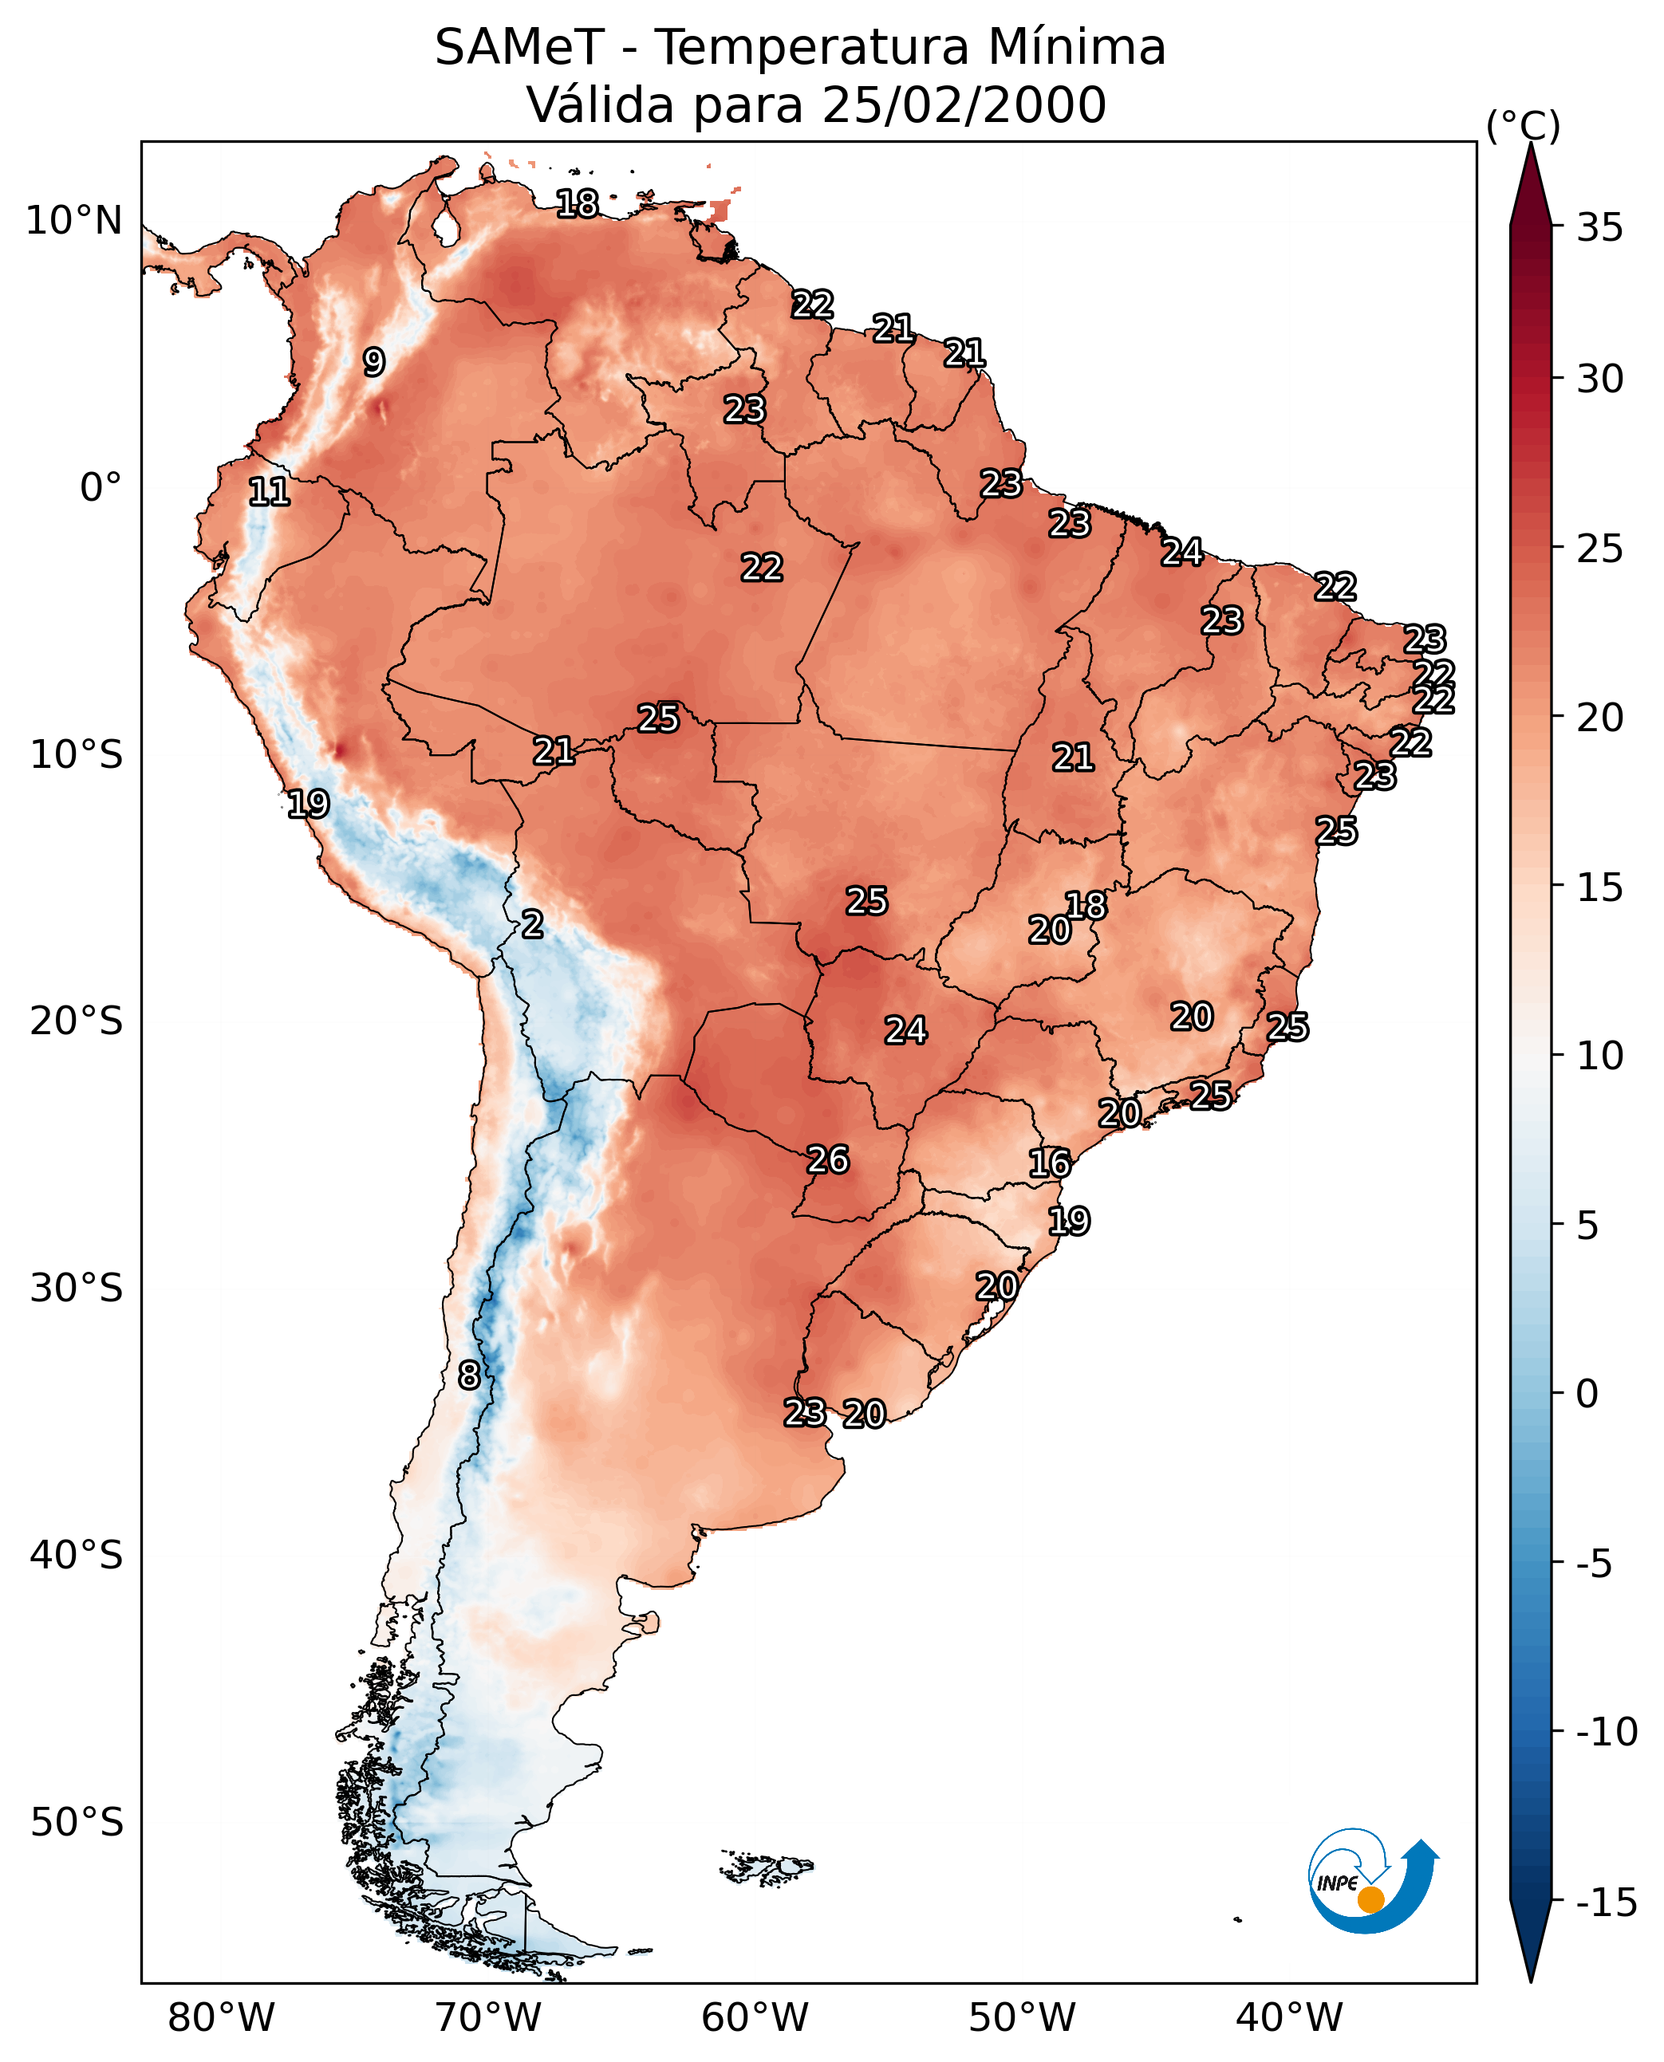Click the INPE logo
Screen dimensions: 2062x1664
(x=1372, y=1883)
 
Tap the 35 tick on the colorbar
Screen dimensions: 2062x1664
(x=1599, y=228)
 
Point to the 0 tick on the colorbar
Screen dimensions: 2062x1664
(x=1587, y=1393)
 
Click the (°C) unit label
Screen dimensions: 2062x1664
(x=1523, y=125)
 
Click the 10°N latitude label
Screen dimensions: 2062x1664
(x=74, y=222)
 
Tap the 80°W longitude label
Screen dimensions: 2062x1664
(x=222, y=2018)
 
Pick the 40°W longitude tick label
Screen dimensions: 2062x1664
(x=1289, y=2018)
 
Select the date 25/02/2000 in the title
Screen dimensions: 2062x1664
(x=964, y=105)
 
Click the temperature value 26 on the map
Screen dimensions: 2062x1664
(x=828, y=1160)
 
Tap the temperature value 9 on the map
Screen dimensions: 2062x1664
(x=374, y=362)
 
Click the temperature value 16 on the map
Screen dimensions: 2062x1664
(x=1050, y=1164)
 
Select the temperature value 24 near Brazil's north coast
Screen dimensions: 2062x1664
(x=1182, y=553)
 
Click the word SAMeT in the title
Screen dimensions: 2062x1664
(x=519, y=48)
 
